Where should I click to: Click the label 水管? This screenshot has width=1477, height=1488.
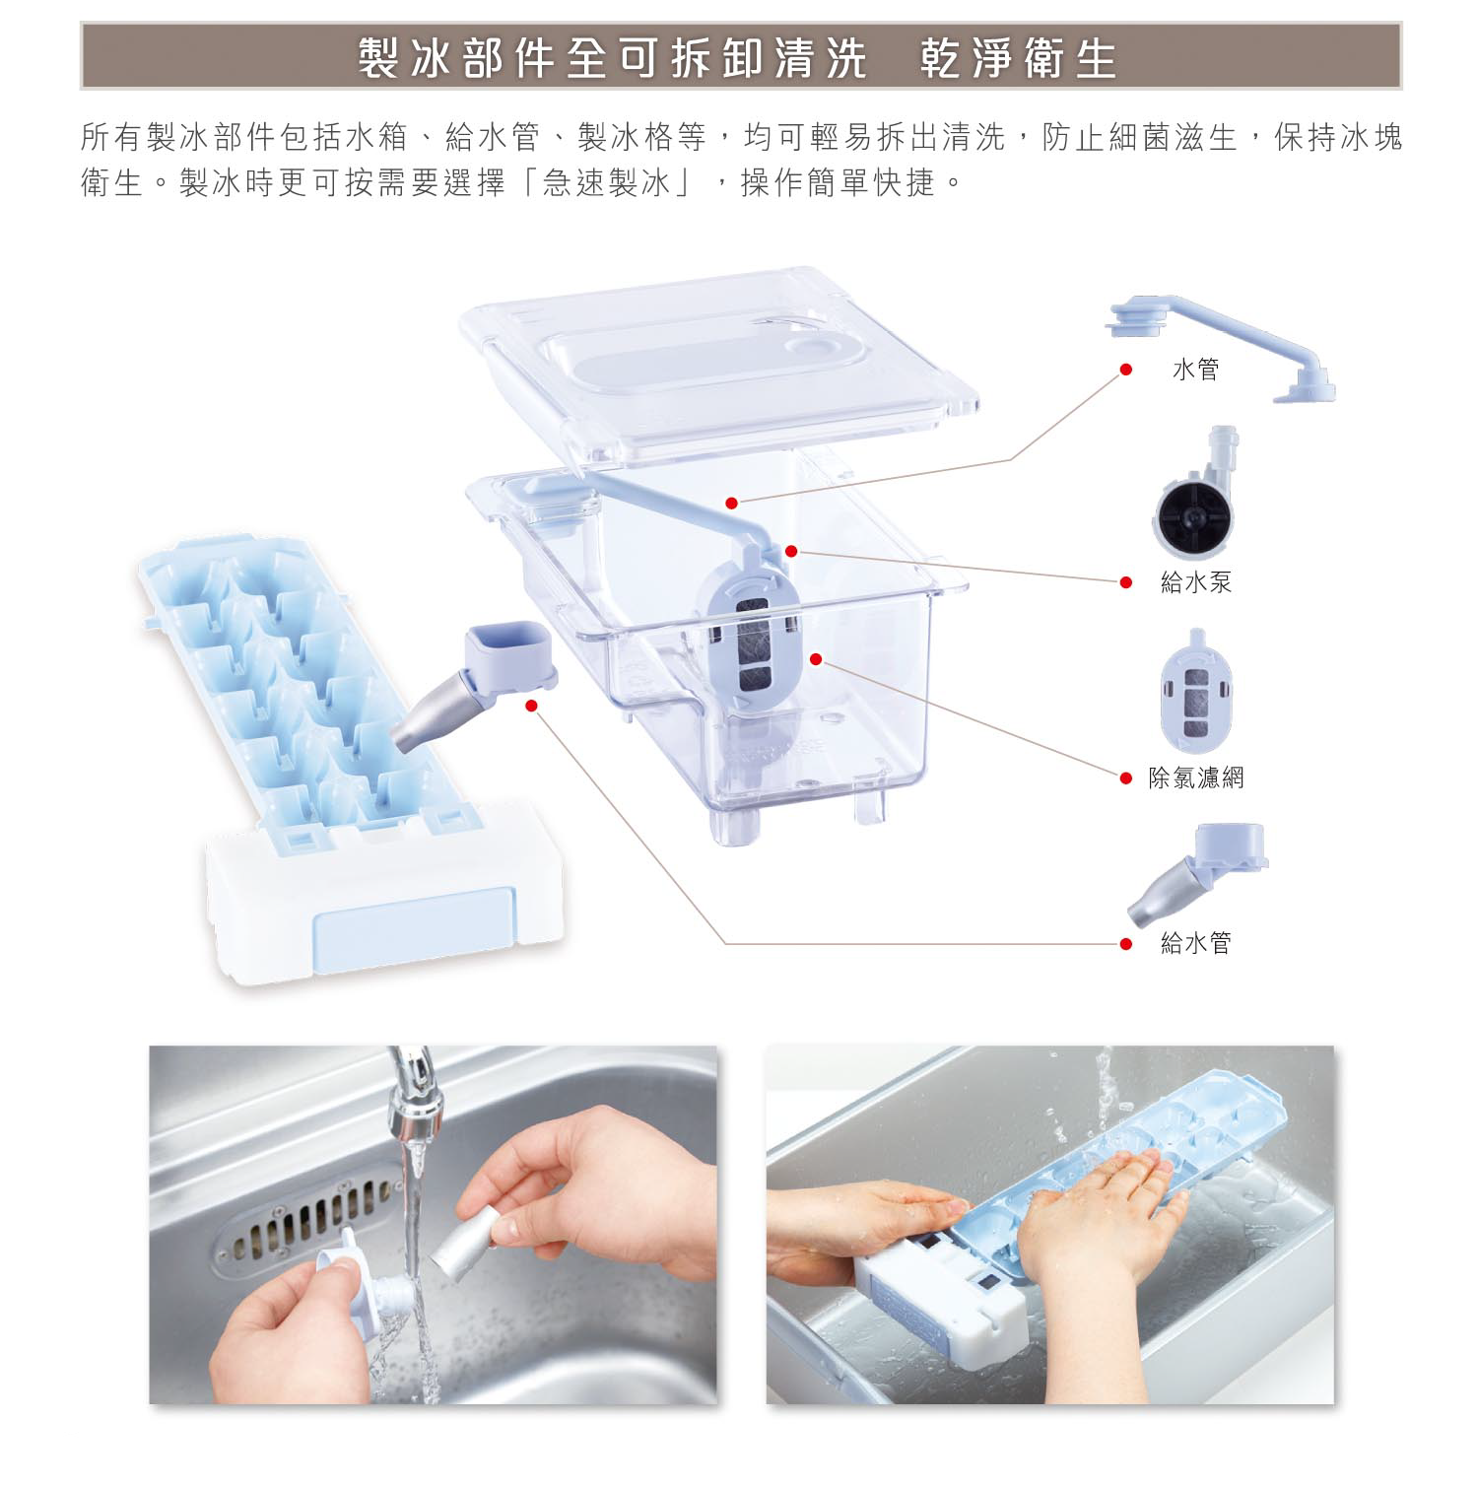click(1195, 370)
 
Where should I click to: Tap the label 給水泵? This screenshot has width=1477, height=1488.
click(1196, 582)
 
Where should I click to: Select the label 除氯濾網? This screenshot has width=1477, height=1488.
click(1196, 778)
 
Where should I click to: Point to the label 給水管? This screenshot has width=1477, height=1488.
click(1196, 943)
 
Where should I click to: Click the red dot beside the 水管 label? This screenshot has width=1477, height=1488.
click(1126, 370)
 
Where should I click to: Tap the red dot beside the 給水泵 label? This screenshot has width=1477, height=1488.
click(1126, 582)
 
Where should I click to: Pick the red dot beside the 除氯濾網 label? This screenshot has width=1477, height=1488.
click(1126, 778)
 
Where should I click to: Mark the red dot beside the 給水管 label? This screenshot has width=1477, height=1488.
click(1126, 944)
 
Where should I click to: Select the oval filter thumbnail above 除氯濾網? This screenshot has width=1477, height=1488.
click(1196, 692)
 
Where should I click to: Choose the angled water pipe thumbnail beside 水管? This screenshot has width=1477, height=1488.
click(1220, 347)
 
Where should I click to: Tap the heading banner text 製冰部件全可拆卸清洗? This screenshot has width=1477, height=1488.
click(612, 58)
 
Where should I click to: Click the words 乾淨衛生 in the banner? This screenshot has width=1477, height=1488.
click(1018, 58)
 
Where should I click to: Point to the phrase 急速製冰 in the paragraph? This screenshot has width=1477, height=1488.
click(607, 182)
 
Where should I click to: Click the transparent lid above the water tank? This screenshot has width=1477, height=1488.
click(719, 364)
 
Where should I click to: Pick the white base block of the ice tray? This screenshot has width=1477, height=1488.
click(385, 892)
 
